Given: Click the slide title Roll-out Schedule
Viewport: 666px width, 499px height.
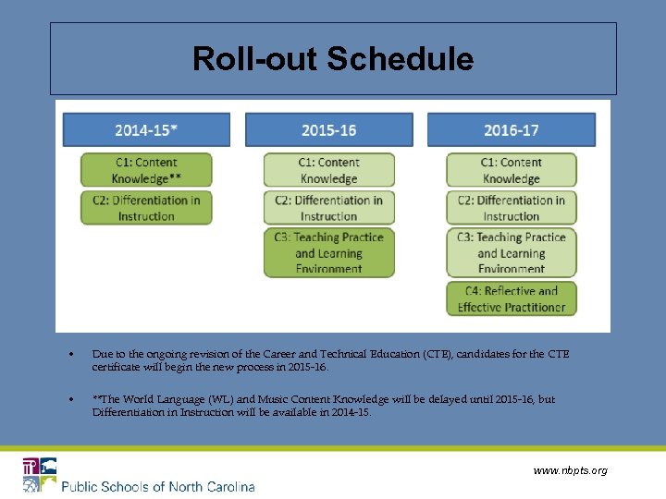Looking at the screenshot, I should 333,60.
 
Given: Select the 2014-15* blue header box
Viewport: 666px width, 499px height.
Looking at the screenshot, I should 146,130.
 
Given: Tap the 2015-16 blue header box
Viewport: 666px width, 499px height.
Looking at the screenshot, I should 328,130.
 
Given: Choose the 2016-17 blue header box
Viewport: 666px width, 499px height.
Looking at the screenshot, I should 511,130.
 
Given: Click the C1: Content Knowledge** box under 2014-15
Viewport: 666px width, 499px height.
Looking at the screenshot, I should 146,170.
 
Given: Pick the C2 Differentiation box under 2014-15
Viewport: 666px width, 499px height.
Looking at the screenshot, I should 146,208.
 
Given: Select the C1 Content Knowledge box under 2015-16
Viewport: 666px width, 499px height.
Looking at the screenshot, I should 328,170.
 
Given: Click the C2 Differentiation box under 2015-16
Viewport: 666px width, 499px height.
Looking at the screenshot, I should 328,208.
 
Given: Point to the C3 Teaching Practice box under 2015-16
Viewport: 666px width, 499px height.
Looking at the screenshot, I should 328,252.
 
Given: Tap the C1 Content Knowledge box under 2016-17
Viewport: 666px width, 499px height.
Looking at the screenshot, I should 511,170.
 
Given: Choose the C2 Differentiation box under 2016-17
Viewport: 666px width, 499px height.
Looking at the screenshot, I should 511,208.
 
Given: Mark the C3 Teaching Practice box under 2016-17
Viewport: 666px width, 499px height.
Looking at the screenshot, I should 511,252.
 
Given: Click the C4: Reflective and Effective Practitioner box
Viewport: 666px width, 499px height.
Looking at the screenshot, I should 511,298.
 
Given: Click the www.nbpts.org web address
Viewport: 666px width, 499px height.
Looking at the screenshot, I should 571,470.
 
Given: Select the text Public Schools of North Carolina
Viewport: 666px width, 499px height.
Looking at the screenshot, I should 157,486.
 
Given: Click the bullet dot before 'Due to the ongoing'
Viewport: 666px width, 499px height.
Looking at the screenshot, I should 72,355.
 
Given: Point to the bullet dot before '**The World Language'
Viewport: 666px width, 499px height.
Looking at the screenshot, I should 72,400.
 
